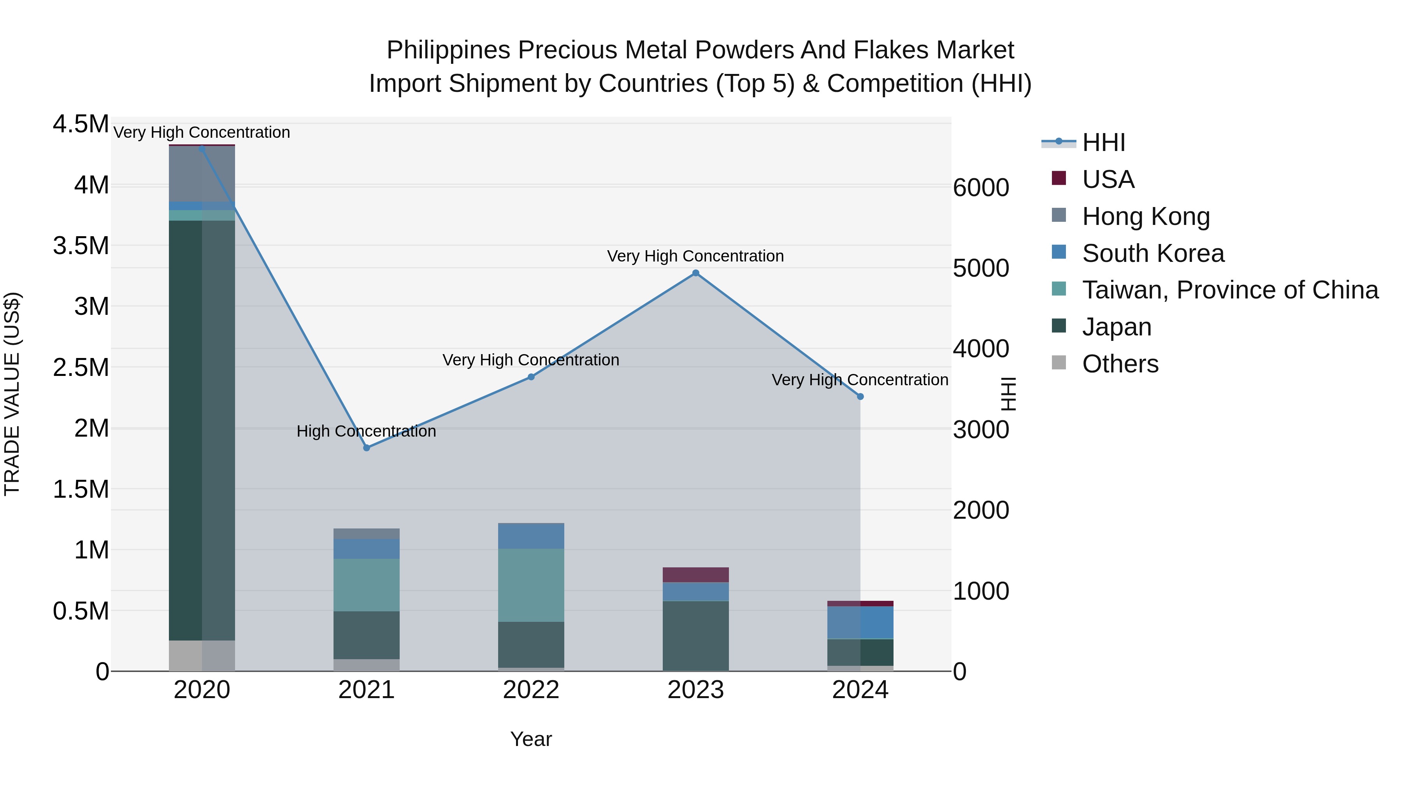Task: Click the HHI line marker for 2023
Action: click(695, 273)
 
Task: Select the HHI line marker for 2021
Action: click(367, 448)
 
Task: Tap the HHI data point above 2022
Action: click(531, 377)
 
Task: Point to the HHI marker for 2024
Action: click(860, 397)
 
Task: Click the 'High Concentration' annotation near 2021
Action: click(366, 431)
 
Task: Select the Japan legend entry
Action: click(1117, 327)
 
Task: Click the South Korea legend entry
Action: click(1153, 253)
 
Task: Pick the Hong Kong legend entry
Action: click(1146, 216)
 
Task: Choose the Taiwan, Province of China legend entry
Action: click(1230, 290)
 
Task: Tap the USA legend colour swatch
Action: click(1059, 178)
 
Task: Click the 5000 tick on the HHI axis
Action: click(981, 268)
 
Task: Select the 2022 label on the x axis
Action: click(531, 690)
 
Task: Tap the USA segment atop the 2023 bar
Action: click(695, 575)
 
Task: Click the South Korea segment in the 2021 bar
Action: click(367, 549)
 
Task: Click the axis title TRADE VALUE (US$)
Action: click(12, 394)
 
